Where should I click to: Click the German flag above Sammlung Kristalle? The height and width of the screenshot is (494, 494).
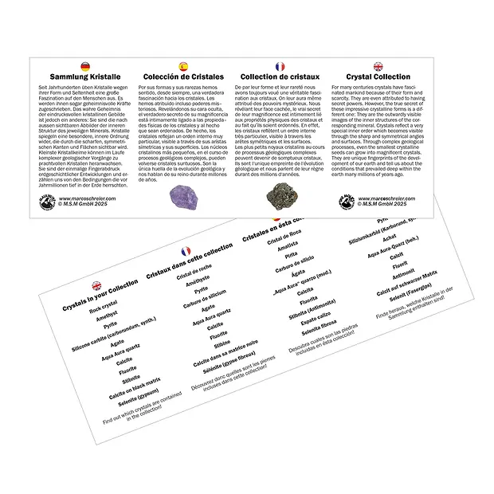point(84,65)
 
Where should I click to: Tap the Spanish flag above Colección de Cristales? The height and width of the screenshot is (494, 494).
point(183,65)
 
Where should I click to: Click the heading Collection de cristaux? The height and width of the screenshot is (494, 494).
point(280,77)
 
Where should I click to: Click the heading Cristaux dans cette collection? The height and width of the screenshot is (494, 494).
point(190,262)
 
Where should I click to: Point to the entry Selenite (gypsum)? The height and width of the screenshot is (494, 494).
point(138,394)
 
